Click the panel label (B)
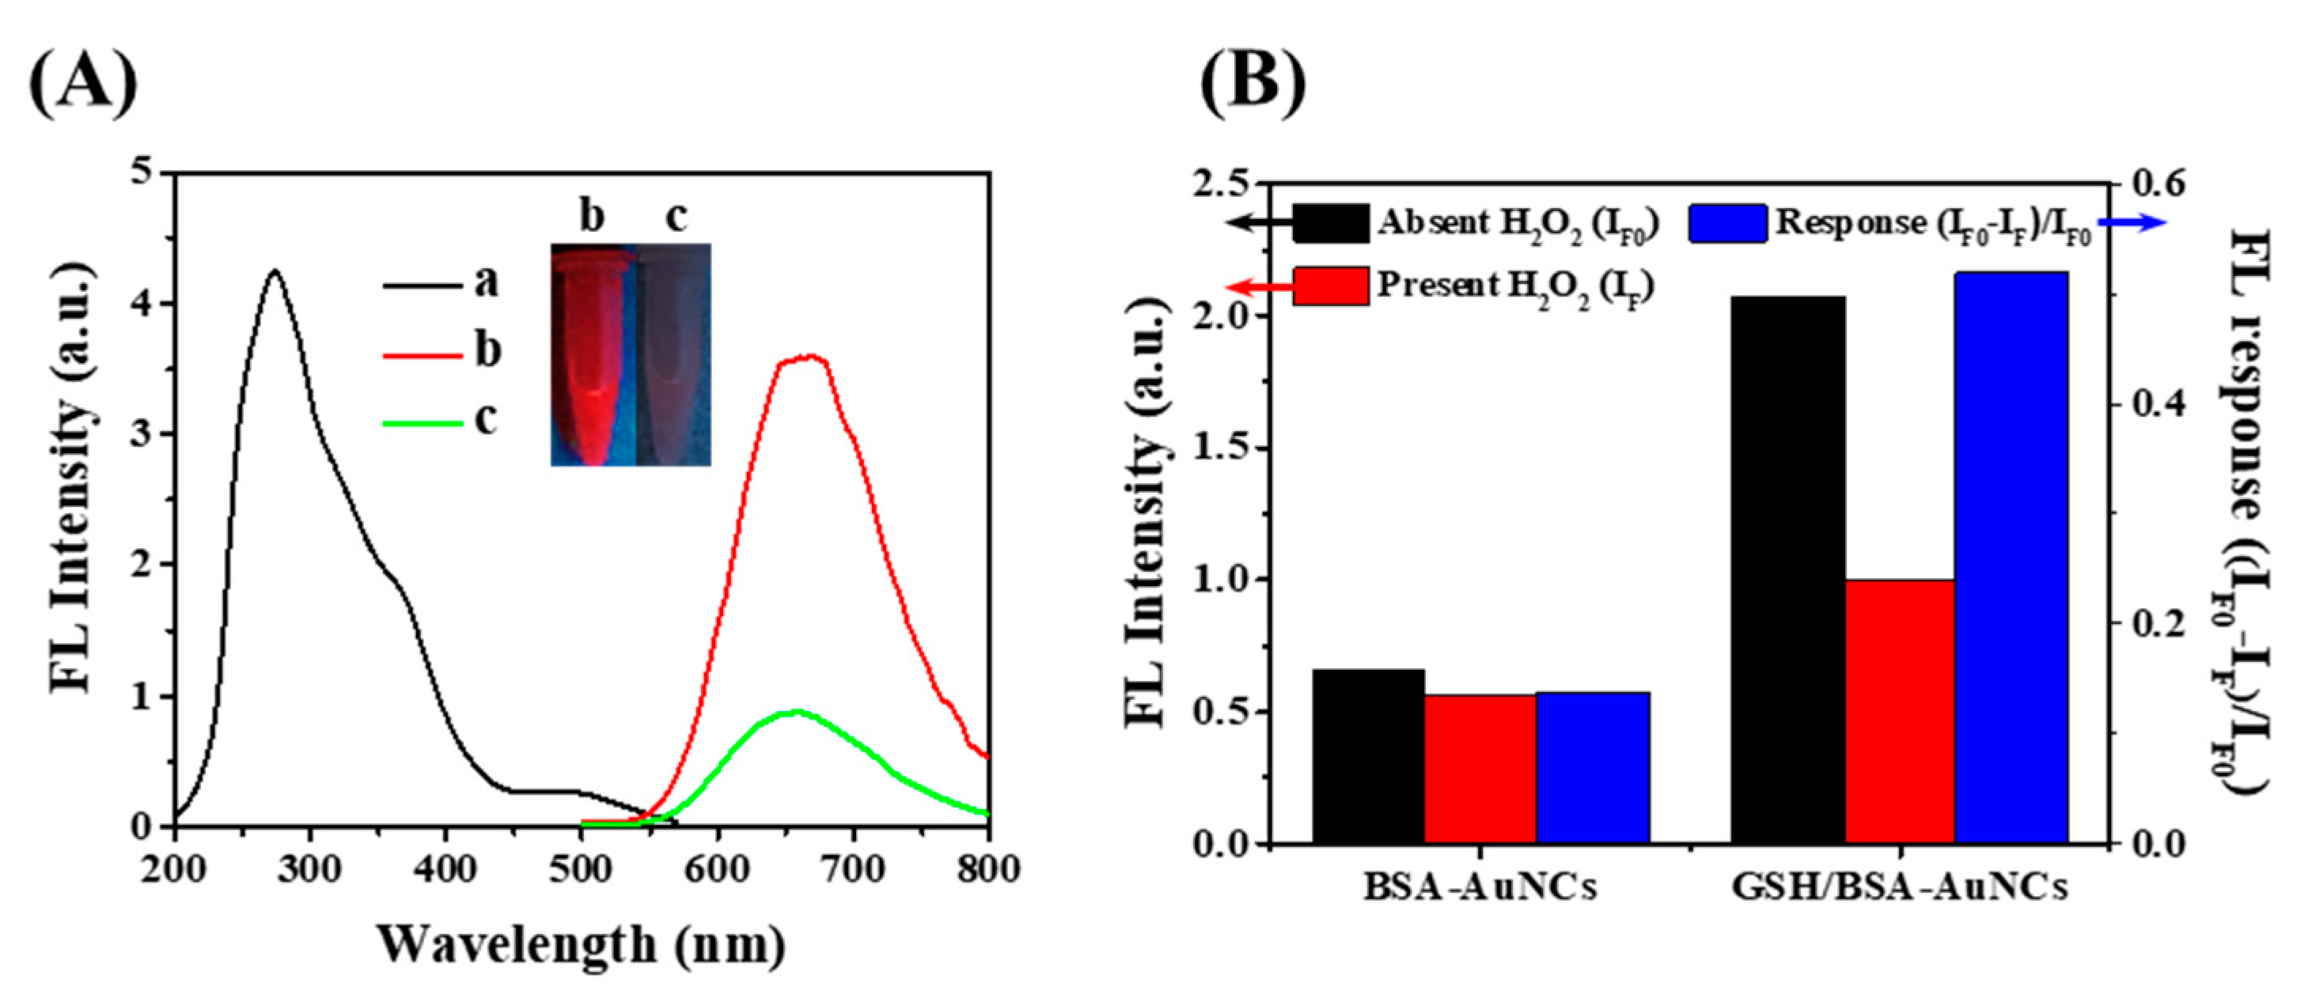(1253, 83)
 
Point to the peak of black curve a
(275, 270)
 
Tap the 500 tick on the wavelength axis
(582, 870)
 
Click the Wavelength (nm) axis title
(581, 945)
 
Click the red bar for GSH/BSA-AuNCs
(1900, 710)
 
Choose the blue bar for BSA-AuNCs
(1592, 767)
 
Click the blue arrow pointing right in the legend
(2127, 224)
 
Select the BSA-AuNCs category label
(1480, 888)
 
